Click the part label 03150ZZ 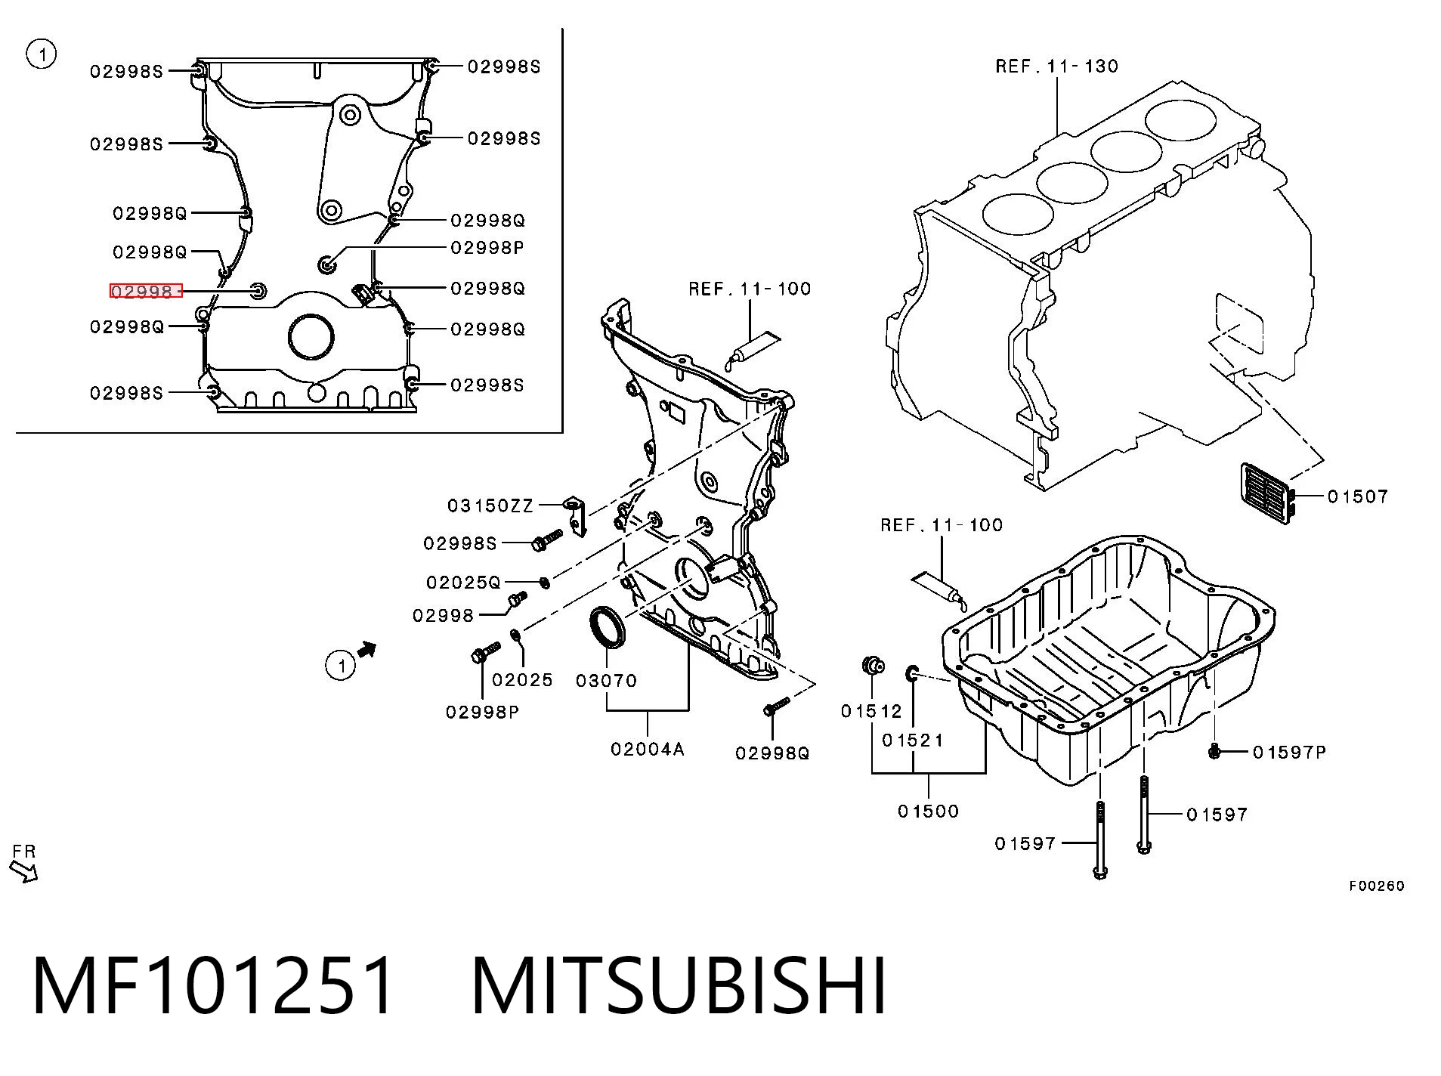490,506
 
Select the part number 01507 1358,496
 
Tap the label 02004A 648,749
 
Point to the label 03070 606,681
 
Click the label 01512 871,711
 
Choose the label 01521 913,741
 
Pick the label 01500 928,812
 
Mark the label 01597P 1290,753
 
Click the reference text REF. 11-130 1056,66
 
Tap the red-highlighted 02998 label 146,291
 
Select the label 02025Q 463,583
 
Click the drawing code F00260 1377,886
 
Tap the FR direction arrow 24,872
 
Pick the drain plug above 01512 873,666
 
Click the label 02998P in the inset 487,248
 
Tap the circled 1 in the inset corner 41,54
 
